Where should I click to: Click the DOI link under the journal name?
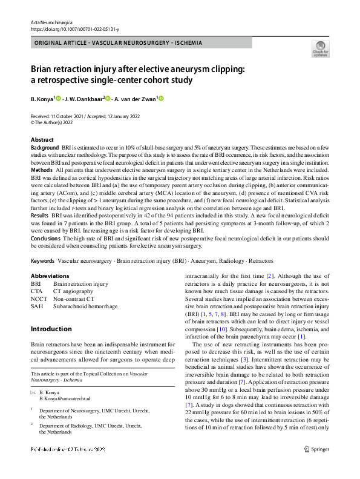[74, 28]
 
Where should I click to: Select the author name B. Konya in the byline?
[42, 99]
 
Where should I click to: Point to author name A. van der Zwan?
[135, 99]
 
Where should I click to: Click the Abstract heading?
[42, 140]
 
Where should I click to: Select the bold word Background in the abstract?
[45, 147]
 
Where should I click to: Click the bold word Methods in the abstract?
[41, 171]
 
